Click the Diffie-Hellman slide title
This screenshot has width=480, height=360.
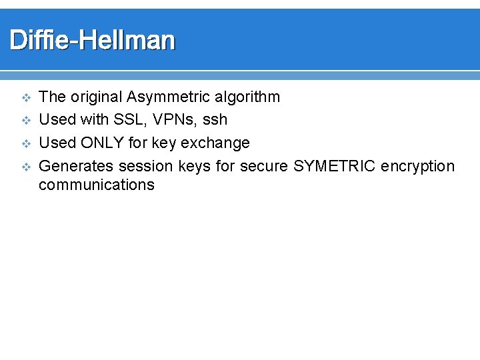pos(92,41)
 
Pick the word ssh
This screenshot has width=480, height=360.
pos(215,120)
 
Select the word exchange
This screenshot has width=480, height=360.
pos(219,143)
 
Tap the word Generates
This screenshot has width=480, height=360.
pos(76,165)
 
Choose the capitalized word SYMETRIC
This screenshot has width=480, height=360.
pos(335,165)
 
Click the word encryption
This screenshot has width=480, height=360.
pos(418,166)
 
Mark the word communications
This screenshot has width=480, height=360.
pos(97,185)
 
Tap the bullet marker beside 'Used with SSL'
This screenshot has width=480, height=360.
pos(26,121)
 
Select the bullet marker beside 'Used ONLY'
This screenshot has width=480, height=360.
pos(26,143)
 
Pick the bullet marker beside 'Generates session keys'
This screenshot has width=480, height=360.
pos(26,166)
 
